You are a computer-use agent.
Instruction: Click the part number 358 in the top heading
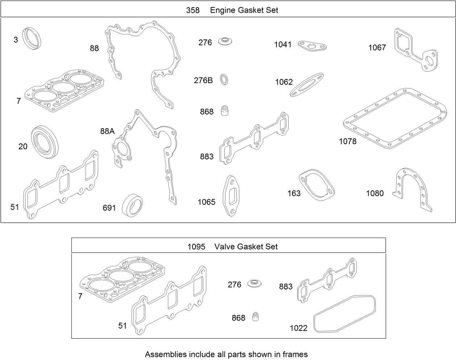[x=193, y=10]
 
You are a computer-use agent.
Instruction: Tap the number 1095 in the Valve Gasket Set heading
[x=196, y=247]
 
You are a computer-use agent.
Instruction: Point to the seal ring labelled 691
[x=132, y=205]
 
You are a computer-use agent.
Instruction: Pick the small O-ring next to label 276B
[x=225, y=80]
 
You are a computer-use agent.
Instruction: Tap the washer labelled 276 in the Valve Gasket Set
[x=255, y=283]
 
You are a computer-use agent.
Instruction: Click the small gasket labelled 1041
[x=312, y=46]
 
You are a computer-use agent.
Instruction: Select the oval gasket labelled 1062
[x=307, y=85]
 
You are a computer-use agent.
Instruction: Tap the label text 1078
[x=348, y=141]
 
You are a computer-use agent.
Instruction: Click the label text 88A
[x=107, y=131]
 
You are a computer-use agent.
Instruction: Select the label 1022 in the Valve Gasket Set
[x=298, y=328]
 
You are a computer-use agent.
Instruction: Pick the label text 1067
[x=377, y=47]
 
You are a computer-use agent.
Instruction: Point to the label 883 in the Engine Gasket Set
[x=207, y=156]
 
